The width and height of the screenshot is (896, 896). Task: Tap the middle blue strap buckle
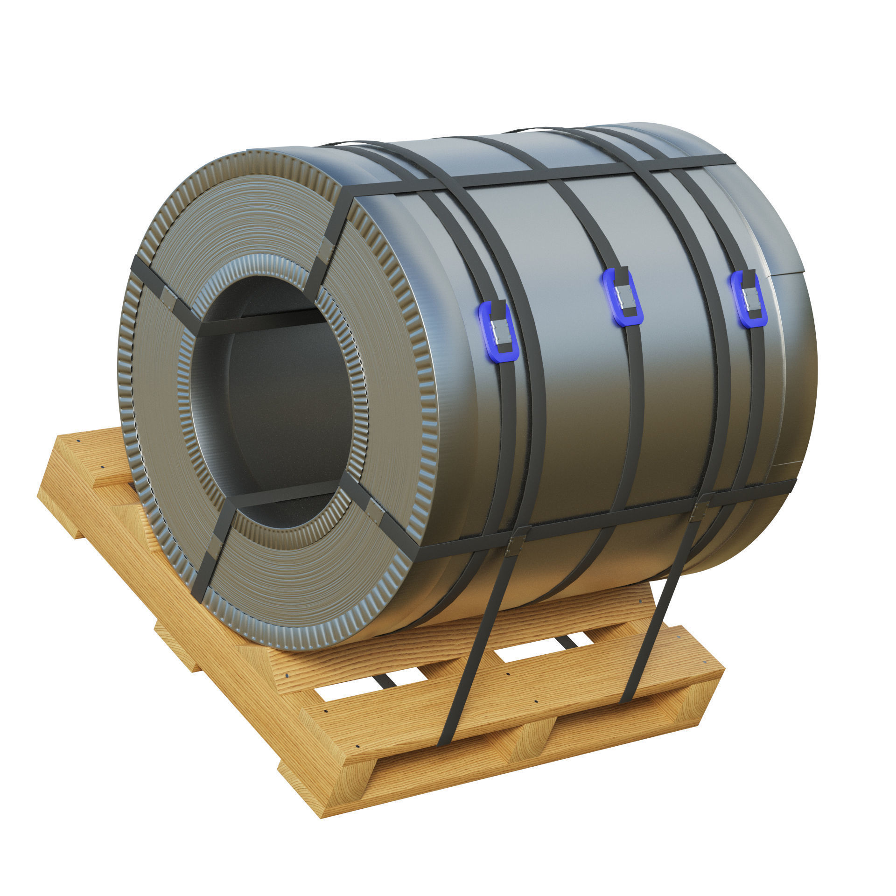(623, 297)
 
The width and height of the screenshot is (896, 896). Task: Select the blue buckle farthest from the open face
(749, 299)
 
